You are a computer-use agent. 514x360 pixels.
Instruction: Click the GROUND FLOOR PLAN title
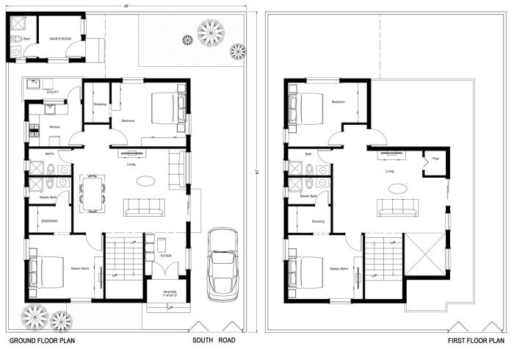coord(41,342)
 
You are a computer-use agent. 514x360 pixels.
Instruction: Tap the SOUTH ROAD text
coord(214,342)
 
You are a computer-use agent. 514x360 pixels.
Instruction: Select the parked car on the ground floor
coord(221,262)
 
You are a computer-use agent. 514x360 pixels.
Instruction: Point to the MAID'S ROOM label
coord(60,38)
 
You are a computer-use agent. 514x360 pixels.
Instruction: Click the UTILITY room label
coord(52,93)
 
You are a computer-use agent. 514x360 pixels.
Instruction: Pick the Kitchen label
coord(54,127)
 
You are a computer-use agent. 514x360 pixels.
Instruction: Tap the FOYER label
coord(166,256)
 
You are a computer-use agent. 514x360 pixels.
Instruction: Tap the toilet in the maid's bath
coord(15,51)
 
